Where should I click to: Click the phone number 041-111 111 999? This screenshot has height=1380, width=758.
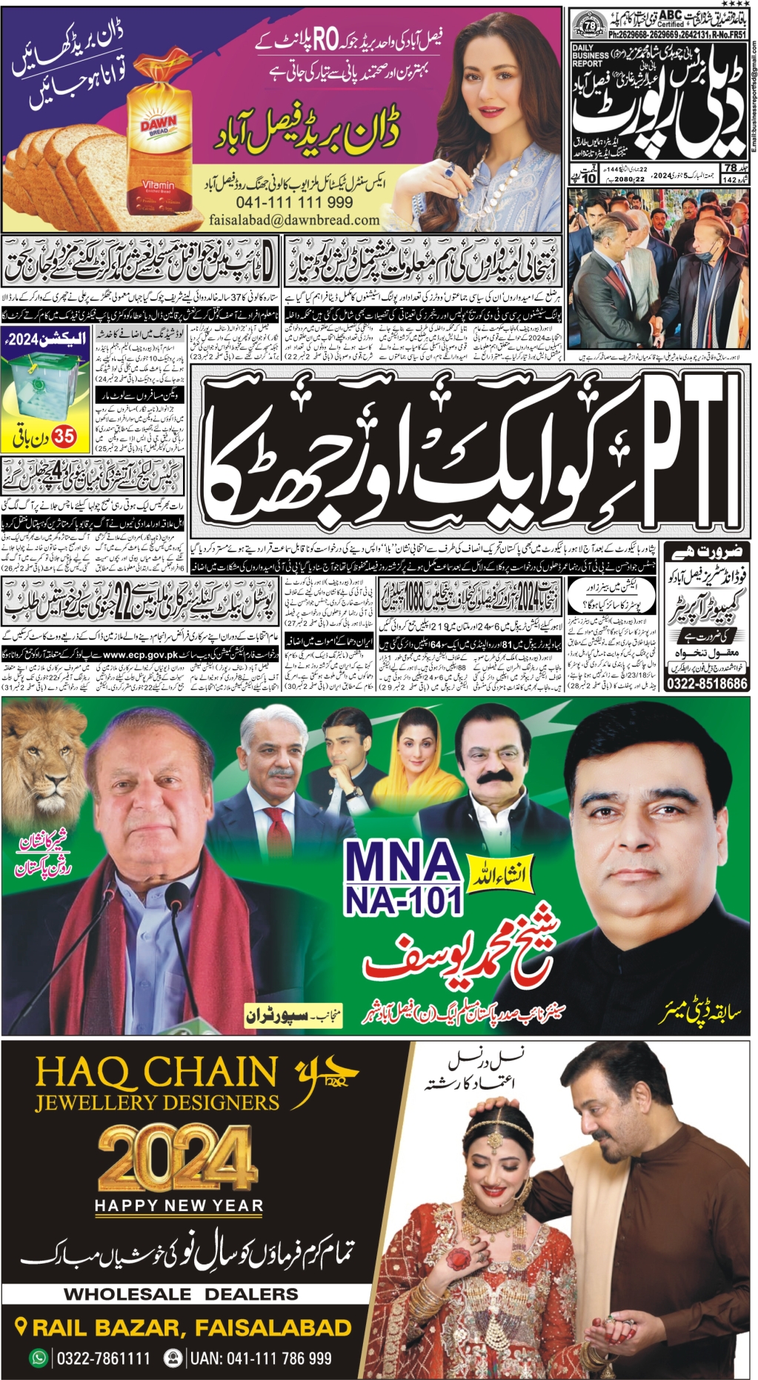coord(294,202)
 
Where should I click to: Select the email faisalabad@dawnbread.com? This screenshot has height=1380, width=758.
coord(294,220)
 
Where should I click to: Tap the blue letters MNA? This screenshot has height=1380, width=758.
coord(403,863)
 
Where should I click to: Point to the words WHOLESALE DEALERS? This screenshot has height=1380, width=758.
coord(181,1295)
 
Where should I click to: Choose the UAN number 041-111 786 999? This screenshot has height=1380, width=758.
coord(260,1359)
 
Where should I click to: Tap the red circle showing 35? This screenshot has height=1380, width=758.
coord(64,437)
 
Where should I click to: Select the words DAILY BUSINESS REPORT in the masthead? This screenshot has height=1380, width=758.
coord(591,56)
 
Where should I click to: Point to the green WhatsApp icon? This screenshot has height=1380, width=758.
coord(38,1358)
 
